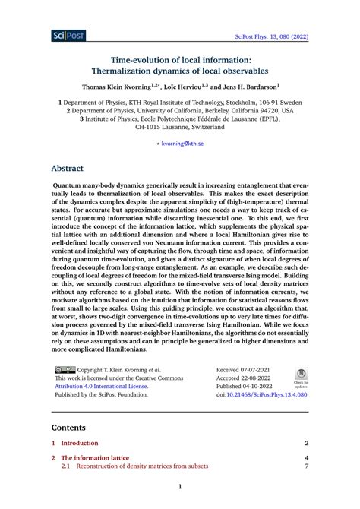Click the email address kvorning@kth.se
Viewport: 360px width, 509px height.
(x=182, y=143)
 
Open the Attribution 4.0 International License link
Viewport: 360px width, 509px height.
(x=102, y=386)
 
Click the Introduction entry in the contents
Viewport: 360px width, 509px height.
(x=80, y=443)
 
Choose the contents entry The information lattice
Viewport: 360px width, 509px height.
(x=95, y=459)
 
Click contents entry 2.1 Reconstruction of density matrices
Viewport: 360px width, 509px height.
(x=144, y=467)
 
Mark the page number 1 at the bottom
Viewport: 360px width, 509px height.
(x=180, y=487)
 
